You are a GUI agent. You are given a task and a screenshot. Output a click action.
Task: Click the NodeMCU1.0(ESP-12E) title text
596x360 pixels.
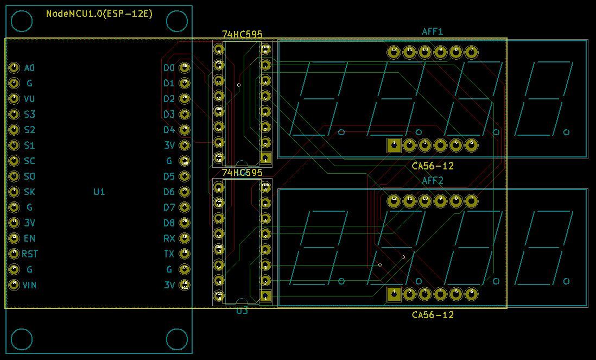click(x=99, y=14)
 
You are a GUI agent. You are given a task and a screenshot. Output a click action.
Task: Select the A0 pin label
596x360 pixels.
click(x=29, y=68)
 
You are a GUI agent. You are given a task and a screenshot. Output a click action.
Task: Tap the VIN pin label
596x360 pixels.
click(x=29, y=285)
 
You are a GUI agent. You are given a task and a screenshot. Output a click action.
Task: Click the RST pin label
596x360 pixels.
click(x=30, y=254)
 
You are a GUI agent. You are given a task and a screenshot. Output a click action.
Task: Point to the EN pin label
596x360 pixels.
click(x=29, y=238)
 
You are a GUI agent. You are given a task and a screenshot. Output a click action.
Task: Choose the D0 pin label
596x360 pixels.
click(x=169, y=68)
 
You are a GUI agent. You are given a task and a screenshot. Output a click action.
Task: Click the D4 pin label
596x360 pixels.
click(x=169, y=130)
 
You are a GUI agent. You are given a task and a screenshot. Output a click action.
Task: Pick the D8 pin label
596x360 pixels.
click(x=169, y=223)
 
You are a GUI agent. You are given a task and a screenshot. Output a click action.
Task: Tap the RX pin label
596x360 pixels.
click(x=169, y=238)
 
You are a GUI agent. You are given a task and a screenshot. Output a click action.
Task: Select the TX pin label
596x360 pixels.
click(x=169, y=254)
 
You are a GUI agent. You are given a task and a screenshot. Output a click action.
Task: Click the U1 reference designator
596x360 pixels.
click(x=99, y=192)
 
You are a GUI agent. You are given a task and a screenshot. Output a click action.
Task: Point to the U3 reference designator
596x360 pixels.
click(x=242, y=311)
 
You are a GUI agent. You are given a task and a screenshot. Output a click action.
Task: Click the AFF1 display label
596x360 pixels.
click(x=433, y=32)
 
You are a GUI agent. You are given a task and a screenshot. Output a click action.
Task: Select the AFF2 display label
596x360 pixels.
click(x=433, y=181)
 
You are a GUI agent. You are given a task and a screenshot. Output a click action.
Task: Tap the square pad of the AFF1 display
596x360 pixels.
click(x=394, y=145)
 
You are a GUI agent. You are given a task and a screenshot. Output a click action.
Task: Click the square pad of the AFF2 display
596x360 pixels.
click(x=394, y=294)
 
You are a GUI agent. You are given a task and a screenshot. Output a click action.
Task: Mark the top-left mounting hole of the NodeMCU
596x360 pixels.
click(x=22, y=21)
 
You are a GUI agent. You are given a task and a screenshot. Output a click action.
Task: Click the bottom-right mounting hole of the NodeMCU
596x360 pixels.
click(x=176, y=339)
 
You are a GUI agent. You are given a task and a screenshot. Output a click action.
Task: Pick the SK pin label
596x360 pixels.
click(x=29, y=192)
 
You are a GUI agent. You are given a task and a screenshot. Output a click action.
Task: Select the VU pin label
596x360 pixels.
click(x=29, y=99)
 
